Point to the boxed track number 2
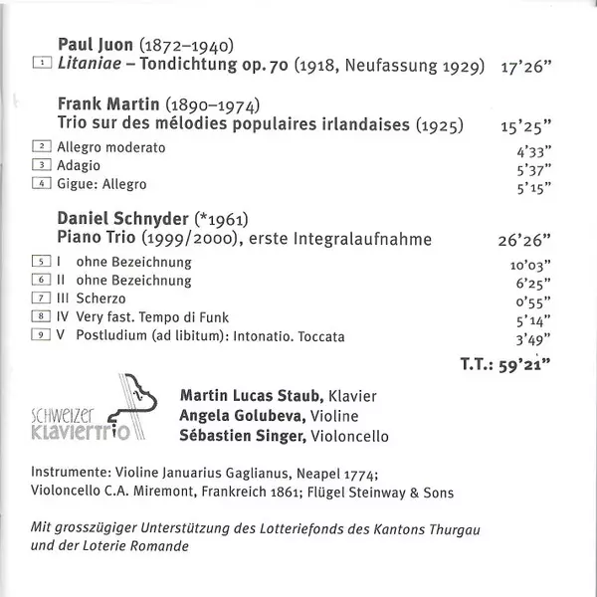(x=42, y=147)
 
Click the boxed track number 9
(x=42, y=336)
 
